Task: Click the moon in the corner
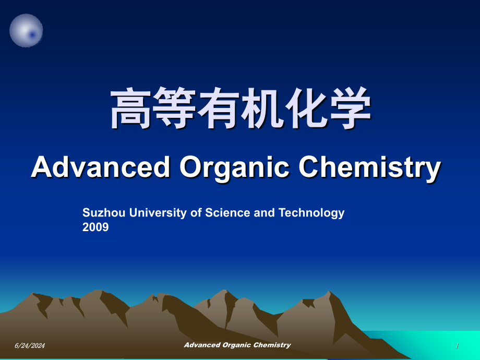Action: (x=26, y=30)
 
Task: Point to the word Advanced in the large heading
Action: (x=101, y=167)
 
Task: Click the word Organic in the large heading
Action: (x=234, y=169)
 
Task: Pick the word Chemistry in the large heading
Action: (x=370, y=169)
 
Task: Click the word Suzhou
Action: (x=104, y=212)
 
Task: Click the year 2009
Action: (x=95, y=227)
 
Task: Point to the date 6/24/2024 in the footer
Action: (x=30, y=345)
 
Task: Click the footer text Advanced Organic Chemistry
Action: (x=237, y=345)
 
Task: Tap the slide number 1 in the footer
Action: (x=457, y=346)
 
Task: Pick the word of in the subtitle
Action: (x=196, y=212)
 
